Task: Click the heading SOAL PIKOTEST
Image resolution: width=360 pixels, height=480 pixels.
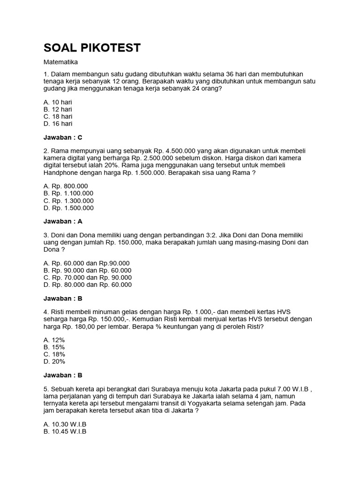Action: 91,48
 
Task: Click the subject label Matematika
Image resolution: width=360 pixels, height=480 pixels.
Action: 60,62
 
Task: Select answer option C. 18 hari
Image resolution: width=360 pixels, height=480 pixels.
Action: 58,116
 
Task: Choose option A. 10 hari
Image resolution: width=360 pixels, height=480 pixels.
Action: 58,102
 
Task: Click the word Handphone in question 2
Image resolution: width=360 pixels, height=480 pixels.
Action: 60,172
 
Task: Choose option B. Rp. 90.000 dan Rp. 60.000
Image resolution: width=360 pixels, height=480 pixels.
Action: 87,270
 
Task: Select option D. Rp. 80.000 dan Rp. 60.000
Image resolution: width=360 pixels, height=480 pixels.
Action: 87,285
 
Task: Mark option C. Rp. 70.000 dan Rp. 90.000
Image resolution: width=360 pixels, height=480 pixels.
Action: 87,277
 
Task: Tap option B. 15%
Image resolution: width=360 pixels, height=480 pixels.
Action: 54,347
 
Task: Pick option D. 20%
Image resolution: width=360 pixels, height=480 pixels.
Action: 54,361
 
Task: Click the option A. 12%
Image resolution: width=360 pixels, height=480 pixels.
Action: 54,340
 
